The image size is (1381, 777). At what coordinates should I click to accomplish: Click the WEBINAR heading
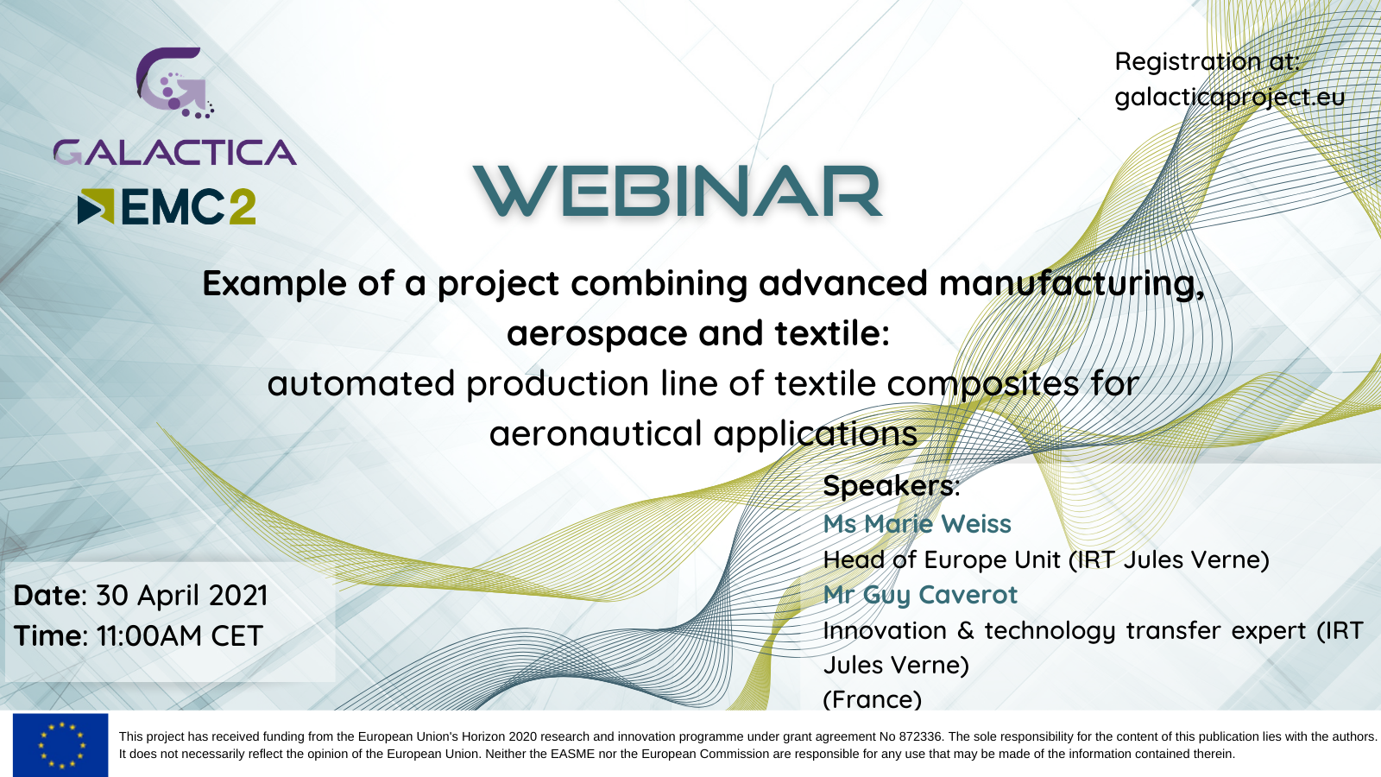[678, 191]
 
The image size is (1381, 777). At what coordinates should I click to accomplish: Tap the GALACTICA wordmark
[175, 152]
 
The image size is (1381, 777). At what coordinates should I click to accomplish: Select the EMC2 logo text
[189, 206]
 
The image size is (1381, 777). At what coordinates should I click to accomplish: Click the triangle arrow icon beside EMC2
[96, 206]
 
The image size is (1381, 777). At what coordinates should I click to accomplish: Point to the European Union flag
[60, 745]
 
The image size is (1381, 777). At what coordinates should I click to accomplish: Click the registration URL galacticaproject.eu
[1230, 98]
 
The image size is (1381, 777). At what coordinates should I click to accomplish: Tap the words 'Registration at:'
[1208, 61]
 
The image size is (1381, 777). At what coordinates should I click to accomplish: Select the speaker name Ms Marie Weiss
[917, 524]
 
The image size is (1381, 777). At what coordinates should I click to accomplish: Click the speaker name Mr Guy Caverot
[920, 595]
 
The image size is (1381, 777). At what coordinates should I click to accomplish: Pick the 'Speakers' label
[890, 486]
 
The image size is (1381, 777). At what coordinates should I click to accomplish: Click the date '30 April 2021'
[182, 596]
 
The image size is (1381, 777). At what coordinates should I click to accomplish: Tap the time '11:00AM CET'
[180, 635]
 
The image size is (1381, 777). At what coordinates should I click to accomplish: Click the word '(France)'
[873, 700]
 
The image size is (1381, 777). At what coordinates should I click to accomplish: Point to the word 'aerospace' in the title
[596, 333]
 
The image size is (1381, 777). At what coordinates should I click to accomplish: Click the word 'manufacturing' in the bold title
[1072, 284]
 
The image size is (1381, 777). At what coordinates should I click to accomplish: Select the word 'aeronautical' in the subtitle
[596, 433]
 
